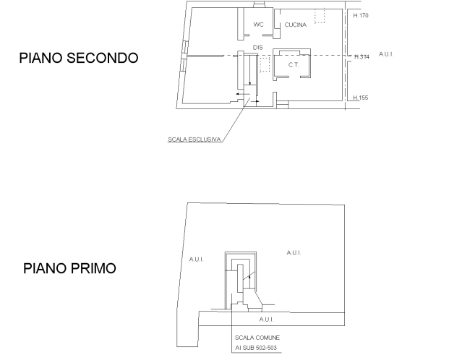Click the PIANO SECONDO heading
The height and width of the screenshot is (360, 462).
click(79, 58)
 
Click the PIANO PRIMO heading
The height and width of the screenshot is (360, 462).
click(69, 268)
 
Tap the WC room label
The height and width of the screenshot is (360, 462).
click(258, 25)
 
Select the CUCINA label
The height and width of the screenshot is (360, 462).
click(296, 25)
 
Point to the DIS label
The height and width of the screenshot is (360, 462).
click(258, 48)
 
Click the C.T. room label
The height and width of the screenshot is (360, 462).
click(294, 65)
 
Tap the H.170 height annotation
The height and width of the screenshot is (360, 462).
click(361, 15)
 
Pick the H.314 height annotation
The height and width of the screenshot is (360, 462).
click(362, 56)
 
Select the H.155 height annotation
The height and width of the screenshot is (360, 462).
click(361, 98)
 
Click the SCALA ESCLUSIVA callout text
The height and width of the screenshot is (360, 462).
click(194, 140)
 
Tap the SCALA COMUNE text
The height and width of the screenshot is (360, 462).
click(257, 338)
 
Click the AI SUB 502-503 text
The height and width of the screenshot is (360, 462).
click(256, 348)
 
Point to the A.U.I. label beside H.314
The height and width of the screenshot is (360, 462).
click(386, 54)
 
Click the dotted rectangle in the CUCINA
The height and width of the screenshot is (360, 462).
click(320, 16)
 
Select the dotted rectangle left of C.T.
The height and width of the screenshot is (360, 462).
click(265, 64)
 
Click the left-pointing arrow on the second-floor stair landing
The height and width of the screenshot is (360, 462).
click(243, 94)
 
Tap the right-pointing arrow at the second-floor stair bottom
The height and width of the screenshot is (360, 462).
click(254, 101)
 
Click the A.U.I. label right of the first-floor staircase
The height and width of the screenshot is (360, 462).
click(294, 253)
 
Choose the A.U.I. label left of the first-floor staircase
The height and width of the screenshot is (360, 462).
click(196, 260)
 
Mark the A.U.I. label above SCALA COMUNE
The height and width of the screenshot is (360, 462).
click(266, 320)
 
